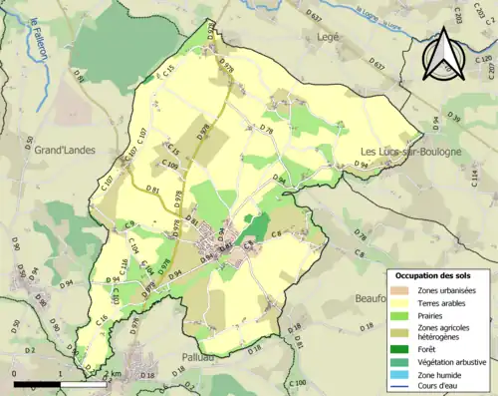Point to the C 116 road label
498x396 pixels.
pyautogui.click(x=124, y=266)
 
